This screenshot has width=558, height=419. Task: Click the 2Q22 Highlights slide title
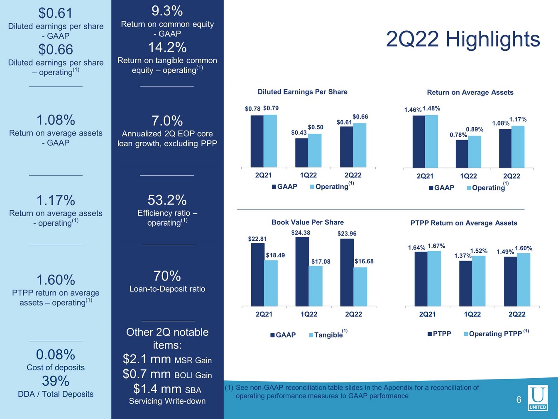click(x=463, y=39)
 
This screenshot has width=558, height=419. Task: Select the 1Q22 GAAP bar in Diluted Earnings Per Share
click(x=301, y=153)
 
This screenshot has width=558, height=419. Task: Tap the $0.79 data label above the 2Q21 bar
click(x=271, y=108)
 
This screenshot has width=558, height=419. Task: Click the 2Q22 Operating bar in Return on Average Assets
click(x=518, y=147)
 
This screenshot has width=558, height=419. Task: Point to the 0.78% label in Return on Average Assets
click(x=458, y=135)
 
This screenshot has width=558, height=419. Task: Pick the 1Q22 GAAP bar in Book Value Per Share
click(x=302, y=271)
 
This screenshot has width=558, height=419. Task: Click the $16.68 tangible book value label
click(x=364, y=261)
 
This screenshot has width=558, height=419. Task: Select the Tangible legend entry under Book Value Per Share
click(x=328, y=335)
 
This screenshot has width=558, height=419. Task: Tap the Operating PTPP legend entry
click(x=495, y=334)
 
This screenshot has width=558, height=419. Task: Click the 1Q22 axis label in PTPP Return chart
click(x=472, y=314)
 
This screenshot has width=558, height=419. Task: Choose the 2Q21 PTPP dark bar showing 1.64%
click(x=421, y=279)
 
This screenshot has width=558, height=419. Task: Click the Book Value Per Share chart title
click(x=308, y=222)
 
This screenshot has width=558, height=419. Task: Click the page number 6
click(x=519, y=400)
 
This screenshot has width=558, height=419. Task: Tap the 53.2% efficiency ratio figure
click(x=167, y=200)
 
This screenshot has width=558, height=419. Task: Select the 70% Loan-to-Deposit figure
click(x=167, y=276)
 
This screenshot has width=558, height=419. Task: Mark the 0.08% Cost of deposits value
click(x=56, y=355)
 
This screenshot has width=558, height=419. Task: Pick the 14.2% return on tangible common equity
click(x=167, y=47)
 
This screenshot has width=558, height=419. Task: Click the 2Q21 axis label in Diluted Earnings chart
click(x=263, y=175)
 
